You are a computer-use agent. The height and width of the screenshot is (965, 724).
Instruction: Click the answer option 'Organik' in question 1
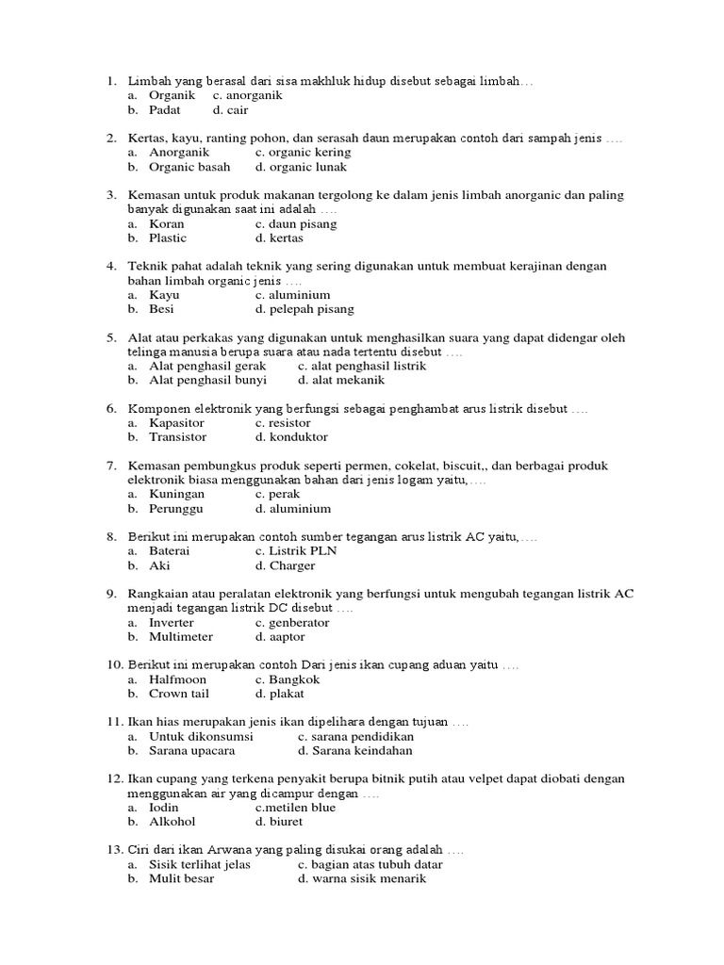[172, 95]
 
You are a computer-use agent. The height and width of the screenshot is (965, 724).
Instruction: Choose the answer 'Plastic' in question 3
[168, 238]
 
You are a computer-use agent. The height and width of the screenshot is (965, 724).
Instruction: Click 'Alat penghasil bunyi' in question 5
[207, 381]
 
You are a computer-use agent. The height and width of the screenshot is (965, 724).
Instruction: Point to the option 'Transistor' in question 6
[177, 437]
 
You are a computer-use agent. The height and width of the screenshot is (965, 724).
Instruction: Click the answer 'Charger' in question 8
[292, 566]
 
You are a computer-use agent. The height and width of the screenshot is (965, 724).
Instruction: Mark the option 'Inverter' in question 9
[172, 623]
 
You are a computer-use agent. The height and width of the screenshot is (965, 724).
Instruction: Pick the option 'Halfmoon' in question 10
[177, 679]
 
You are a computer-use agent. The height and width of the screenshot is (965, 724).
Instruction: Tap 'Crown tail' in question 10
[179, 694]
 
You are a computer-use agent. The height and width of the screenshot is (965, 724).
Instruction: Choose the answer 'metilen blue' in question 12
[297, 808]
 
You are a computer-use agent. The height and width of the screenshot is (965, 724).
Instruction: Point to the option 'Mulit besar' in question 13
[181, 879]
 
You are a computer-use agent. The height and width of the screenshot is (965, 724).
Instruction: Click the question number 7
[110, 466]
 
